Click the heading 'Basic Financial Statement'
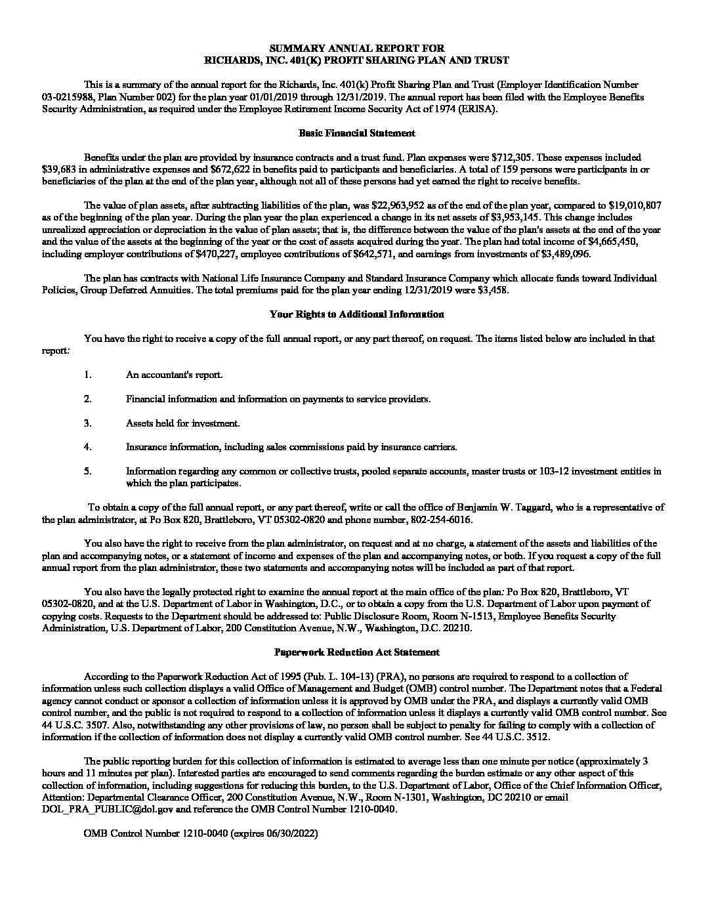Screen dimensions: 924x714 (356, 133)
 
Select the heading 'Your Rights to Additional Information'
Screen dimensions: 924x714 (356, 314)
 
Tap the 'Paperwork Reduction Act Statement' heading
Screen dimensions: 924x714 (356, 652)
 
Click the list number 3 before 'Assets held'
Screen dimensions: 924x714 (87, 423)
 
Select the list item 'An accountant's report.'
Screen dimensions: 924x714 (175, 375)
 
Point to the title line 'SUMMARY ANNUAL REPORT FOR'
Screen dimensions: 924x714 (356, 48)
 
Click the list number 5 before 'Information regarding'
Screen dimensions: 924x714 (87, 471)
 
